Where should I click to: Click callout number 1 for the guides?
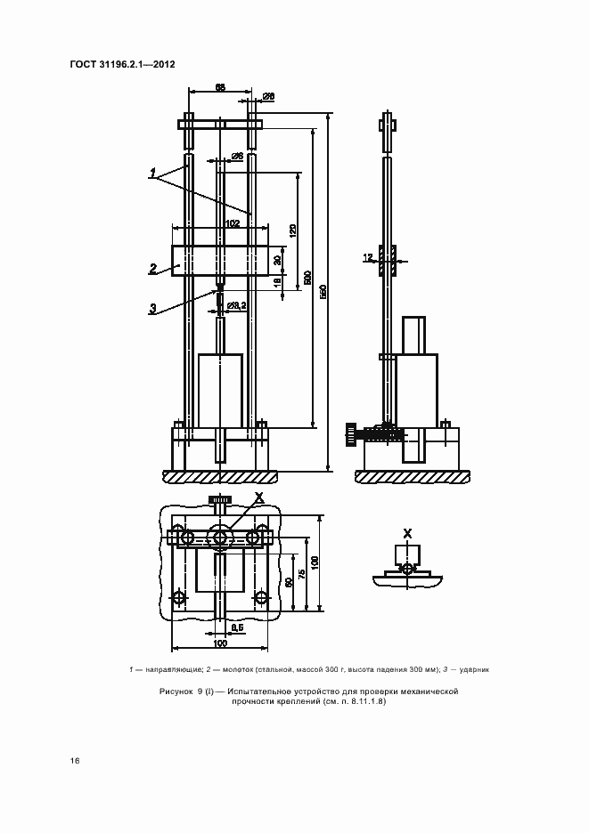(x=152, y=171)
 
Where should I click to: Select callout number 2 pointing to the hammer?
(x=153, y=267)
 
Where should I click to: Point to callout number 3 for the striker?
(x=152, y=308)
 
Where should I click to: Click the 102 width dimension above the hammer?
(x=233, y=223)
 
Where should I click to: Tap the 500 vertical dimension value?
(x=308, y=278)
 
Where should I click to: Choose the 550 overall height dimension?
(x=323, y=290)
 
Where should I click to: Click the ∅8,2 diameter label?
(x=236, y=305)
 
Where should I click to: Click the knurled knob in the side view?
(x=349, y=435)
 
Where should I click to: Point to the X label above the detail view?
(x=408, y=533)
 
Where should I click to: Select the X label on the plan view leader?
(x=258, y=496)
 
